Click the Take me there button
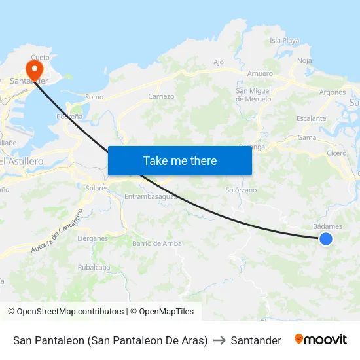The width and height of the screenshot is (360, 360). pyautogui.click(x=180, y=160)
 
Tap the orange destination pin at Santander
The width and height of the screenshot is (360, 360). pyautogui.click(x=33, y=69)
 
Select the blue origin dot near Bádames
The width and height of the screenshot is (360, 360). pyautogui.click(x=325, y=239)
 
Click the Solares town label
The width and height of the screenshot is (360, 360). pyautogui.click(x=97, y=188)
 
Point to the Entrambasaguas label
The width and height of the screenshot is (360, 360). pyautogui.click(x=151, y=196)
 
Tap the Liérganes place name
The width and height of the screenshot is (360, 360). pyautogui.click(x=92, y=238)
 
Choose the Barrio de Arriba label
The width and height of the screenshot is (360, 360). pyautogui.click(x=157, y=243)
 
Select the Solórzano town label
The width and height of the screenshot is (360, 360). pyautogui.click(x=241, y=190)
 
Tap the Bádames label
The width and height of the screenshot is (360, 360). pyautogui.click(x=327, y=226)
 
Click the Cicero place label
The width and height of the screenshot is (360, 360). pyautogui.click(x=336, y=153)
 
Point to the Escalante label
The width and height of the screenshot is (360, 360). pyautogui.click(x=311, y=118)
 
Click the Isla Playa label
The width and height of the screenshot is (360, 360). pyautogui.click(x=284, y=41)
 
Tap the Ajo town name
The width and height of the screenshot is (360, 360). pyautogui.click(x=219, y=63)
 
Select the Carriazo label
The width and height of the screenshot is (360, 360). pyautogui.click(x=161, y=96)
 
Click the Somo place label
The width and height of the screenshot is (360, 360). pyautogui.click(x=94, y=97)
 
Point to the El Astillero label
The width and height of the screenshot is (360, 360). pyautogui.click(x=22, y=161)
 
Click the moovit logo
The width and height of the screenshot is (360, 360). pyautogui.click(x=321, y=340)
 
